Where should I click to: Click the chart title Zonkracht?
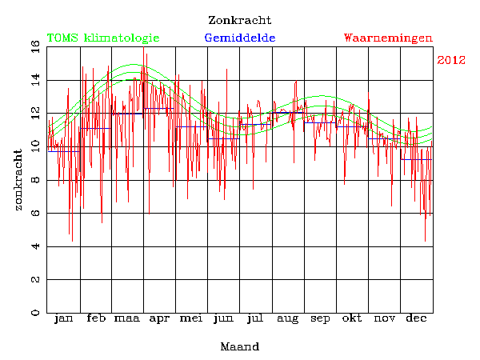tap(239, 20)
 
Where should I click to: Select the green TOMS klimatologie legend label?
tap(103, 38)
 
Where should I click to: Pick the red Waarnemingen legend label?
tap(388, 38)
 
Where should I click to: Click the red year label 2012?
tap(451, 60)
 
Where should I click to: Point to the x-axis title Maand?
tap(240, 347)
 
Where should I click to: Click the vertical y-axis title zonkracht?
tap(18, 180)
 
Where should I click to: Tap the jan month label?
tap(63, 318)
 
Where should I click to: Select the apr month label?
tap(160, 318)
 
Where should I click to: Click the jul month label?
tap(255, 318)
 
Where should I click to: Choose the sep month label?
tap(320, 319)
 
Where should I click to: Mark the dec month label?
tap(415, 318)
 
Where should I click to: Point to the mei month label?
tap(191, 318)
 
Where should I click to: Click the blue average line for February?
tap(95, 128)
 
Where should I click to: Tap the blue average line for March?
tap(128, 114)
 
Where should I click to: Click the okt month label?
tap(352, 318)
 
